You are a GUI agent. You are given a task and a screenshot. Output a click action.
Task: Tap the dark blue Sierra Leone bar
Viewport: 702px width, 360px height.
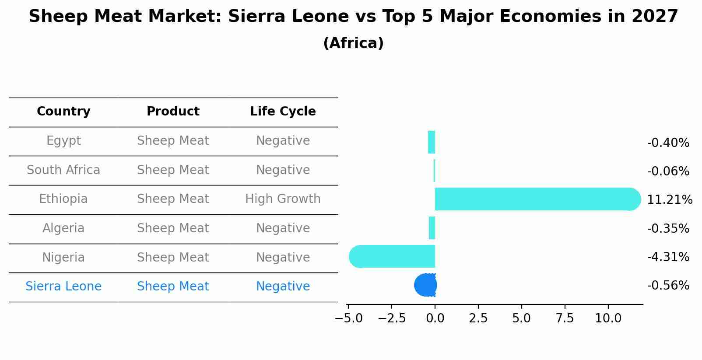click(x=425, y=285)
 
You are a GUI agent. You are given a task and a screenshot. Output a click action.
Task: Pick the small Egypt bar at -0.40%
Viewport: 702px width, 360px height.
click(x=432, y=142)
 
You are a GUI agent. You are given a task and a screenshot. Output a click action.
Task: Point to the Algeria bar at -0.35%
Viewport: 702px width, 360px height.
click(x=432, y=228)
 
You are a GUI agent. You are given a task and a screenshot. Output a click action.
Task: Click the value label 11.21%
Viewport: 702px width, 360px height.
click(x=669, y=200)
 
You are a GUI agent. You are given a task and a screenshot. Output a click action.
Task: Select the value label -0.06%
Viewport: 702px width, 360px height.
click(x=668, y=171)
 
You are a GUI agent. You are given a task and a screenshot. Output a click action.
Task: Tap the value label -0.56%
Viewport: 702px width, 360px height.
click(x=668, y=286)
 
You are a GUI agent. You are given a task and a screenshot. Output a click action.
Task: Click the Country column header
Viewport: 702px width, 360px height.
click(x=63, y=112)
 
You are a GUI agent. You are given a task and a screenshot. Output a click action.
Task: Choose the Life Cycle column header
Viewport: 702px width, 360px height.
click(x=283, y=112)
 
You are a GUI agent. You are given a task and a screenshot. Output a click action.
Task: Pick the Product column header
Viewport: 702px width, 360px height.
click(x=173, y=112)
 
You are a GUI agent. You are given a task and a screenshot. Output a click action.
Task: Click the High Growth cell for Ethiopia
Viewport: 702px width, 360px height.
click(x=283, y=199)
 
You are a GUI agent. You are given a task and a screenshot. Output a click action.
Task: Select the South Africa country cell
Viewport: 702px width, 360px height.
click(x=63, y=170)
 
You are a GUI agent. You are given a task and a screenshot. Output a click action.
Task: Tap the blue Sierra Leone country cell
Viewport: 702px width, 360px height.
click(x=63, y=287)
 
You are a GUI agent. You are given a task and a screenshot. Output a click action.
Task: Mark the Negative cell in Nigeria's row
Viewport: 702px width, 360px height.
click(x=283, y=257)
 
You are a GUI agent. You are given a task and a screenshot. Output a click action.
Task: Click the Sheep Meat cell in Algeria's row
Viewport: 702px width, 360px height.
click(x=173, y=228)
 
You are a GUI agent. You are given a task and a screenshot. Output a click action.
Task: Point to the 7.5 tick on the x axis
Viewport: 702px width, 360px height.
click(x=565, y=318)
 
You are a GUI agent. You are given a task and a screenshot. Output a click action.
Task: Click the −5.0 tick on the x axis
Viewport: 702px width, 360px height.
click(x=348, y=318)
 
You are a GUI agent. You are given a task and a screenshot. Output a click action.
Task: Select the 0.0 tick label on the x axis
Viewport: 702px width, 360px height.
click(x=435, y=318)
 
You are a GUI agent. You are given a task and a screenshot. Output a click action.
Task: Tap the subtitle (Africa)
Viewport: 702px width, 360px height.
click(x=353, y=43)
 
